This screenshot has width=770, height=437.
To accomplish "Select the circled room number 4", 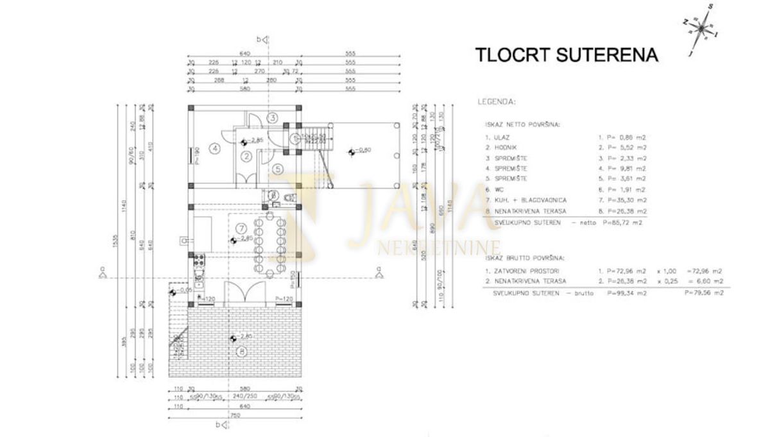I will click(215, 148).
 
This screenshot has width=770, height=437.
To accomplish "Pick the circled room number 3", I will click(272, 118).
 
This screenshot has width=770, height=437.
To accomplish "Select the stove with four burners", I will click(198, 261).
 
